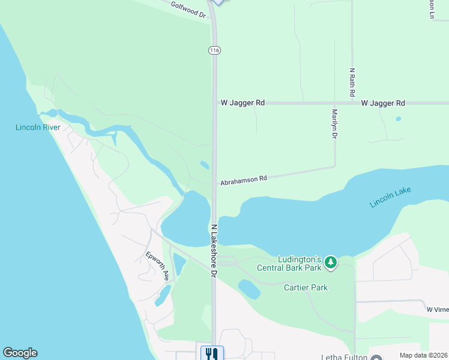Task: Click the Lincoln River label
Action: point(38,128)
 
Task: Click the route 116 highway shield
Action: point(214,50)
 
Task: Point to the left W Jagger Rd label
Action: point(243,103)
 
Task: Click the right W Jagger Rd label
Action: point(383,103)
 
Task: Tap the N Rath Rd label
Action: point(352,82)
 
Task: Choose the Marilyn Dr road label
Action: point(334,124)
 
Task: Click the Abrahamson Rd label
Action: point(243,179)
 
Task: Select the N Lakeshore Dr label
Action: point(214,251)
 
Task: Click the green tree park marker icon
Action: point(330,262)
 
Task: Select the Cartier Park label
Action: point(306,287)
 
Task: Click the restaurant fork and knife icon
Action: point(211,353)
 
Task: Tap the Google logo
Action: point(20,353)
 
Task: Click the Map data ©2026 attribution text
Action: point(423,355)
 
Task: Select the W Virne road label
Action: point(437,310)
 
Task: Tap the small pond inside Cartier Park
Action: point(249,289)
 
